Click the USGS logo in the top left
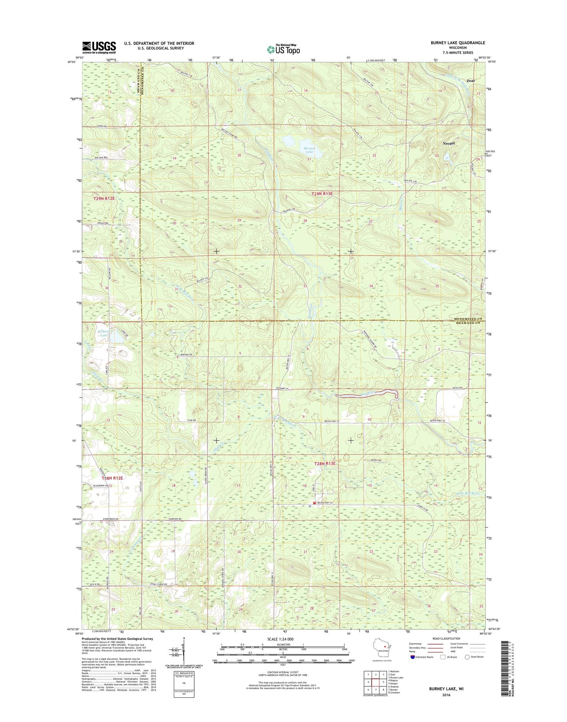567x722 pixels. (99, 47)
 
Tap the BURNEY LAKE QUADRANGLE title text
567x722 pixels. (458, 43)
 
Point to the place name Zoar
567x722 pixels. (470, 81)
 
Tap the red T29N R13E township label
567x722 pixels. (325, 194)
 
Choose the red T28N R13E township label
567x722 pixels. (325, 464)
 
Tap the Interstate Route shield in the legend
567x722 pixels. (413, 657)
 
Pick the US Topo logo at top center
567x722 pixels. (283, 49)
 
